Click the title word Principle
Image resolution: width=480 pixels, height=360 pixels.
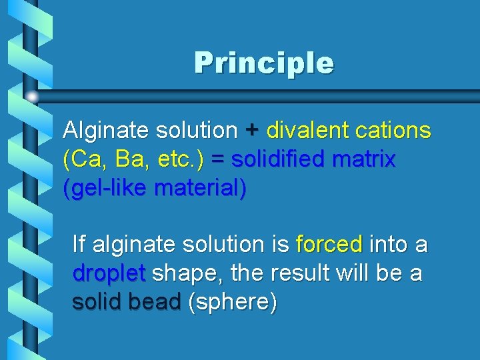tap(264, 63)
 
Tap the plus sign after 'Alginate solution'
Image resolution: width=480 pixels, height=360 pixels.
tap(252, 131)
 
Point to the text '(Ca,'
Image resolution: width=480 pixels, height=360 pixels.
tap(85, 160)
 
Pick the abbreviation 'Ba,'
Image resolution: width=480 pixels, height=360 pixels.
tap(133, 160)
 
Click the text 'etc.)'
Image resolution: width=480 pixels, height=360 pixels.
tap(181, 160)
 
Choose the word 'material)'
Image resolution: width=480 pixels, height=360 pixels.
tap(200, 189)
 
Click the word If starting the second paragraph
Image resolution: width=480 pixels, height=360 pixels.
tap(79, 245)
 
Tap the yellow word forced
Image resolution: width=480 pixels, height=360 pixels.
tap(329, 245)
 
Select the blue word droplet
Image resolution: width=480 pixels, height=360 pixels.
tap(109, 273)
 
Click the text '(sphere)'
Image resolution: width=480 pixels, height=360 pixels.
tap(233, 303)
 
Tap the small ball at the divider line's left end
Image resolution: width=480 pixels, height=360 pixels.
tap(31, 97)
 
